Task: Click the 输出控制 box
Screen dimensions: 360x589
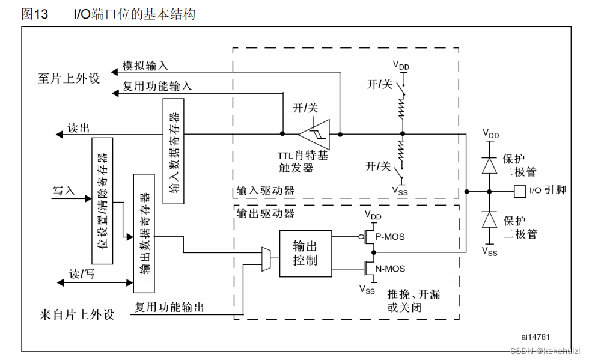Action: click(x=305, y=253)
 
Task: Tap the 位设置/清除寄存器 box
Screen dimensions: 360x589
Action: click(x=102, y=194)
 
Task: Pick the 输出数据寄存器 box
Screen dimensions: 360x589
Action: click(x=144, y=225)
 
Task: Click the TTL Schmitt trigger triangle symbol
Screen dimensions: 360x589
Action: click(x=314, y=133)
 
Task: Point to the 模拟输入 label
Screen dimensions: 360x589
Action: click(x=145, y=65)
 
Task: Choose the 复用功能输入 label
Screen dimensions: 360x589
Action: click(x=157, y=86)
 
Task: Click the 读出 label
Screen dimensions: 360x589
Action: click(x=78, y=128)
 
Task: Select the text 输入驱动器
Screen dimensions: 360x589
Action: click(x=265, y=192)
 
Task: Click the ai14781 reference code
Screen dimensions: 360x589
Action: click(x=536, y=337)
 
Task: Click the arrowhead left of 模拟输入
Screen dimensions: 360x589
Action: click(x=115, y=71)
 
